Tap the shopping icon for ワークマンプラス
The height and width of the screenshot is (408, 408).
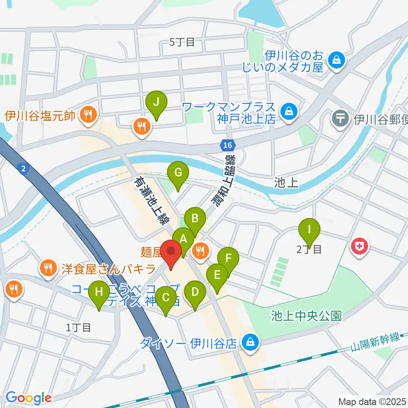(x=289, y=112)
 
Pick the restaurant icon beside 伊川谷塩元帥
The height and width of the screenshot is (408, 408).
(x=88, y=114)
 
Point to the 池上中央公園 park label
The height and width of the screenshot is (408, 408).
(x=306, y=316)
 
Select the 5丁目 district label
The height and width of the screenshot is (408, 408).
(x=182, y=42)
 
